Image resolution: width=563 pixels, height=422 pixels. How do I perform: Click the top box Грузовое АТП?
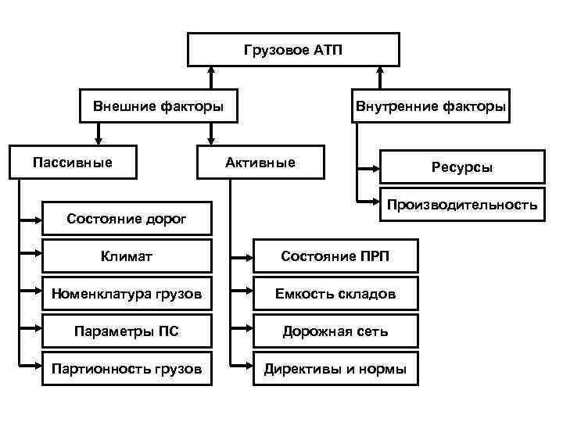[293, 50]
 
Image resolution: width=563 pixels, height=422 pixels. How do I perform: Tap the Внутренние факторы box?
[430, 105]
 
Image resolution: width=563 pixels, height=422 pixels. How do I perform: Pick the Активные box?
[260, 163]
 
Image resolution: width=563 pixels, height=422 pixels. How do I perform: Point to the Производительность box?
[461, 206]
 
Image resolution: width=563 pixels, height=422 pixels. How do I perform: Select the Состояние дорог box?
[127, 219]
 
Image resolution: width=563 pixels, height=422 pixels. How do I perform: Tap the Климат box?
[127, 256]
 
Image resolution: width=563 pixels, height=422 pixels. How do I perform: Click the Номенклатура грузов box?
[127, 294]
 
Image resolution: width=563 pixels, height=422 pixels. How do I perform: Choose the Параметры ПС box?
[127, 331]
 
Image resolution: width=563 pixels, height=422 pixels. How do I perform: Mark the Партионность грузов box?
[127, 368]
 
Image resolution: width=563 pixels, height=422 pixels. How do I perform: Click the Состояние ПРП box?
[335, 256]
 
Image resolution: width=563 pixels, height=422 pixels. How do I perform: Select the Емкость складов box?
[335, 294]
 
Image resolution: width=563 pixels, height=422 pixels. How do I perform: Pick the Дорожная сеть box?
[335, 331]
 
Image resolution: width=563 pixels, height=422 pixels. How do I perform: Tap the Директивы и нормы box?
[335, 368]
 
